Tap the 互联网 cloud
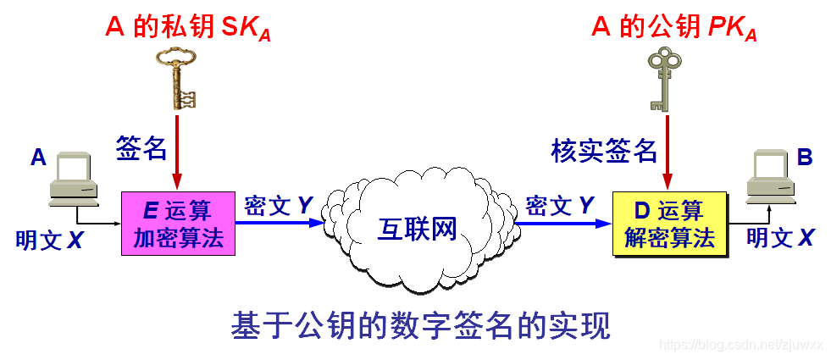click(418, 227)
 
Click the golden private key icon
click(177, 78)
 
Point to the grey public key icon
click(664, 79)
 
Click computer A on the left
click(75, 179)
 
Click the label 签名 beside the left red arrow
click(141, 148)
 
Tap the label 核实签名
click(604, 150)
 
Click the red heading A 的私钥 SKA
click(187, 29)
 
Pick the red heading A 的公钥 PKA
click(673, 29)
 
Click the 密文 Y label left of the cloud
click(279, 206)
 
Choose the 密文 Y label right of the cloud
click(560, 206)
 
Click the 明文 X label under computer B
click(779, 238)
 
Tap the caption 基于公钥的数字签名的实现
click(420, 326)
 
